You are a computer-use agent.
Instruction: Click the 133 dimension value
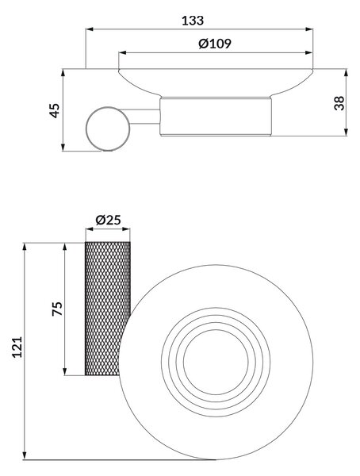tap(193, 21)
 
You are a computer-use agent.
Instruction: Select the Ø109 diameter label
tap(215, 44)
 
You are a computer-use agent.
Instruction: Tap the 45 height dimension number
tap(55, 110)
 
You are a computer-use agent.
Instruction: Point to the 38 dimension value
tap(339, 103)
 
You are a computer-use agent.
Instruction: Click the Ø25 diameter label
tap(108, 220)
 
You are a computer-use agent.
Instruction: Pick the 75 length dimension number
tap(57, 309)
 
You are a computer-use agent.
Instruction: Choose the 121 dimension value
tap(17, 347)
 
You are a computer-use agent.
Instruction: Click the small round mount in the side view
tap(108, 129)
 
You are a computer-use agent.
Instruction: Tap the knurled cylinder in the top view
tap(108, 309)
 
